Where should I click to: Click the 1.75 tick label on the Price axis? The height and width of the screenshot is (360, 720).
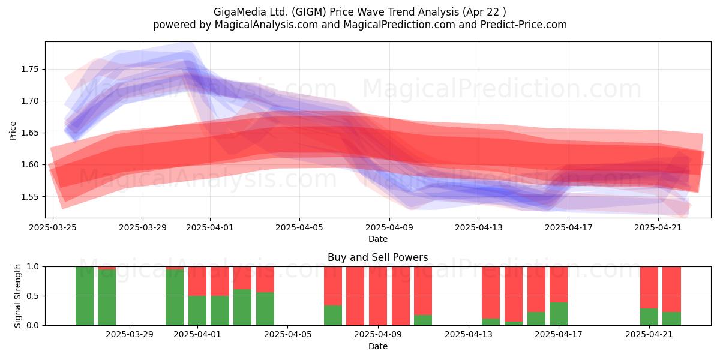(29, 70)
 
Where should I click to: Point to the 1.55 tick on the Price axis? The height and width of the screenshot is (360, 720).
(29, 197)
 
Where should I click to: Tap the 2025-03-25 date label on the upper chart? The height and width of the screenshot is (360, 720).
(53, 227)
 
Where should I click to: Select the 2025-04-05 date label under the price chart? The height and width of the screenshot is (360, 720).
(299, 227)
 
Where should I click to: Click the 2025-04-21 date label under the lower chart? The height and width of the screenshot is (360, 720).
(649, 335)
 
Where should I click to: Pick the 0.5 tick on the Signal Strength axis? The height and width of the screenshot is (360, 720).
(33, 296)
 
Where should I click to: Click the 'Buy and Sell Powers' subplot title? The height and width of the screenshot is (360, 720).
(377, 257)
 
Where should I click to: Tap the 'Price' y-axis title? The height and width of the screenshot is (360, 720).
(13, 131)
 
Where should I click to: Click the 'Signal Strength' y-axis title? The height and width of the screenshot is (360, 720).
(17, 296)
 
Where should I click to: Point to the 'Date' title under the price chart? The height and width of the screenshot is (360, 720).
(378, 239)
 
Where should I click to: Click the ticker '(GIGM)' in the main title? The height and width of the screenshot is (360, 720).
(309, 12)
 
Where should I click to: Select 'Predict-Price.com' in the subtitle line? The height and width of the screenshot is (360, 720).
(524, 25)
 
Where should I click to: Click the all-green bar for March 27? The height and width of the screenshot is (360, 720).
(85, 296)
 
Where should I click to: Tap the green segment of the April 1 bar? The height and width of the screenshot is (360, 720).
(197, 311)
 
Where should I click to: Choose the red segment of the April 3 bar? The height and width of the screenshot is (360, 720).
(242, 278)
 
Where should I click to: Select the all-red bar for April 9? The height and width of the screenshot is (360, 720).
(378, 296)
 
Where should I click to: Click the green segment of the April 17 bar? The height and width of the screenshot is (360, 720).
(559, 314)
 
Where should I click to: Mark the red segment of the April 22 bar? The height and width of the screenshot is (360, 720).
(672, 289)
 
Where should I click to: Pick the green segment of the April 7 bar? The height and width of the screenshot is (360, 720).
(333, 316)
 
